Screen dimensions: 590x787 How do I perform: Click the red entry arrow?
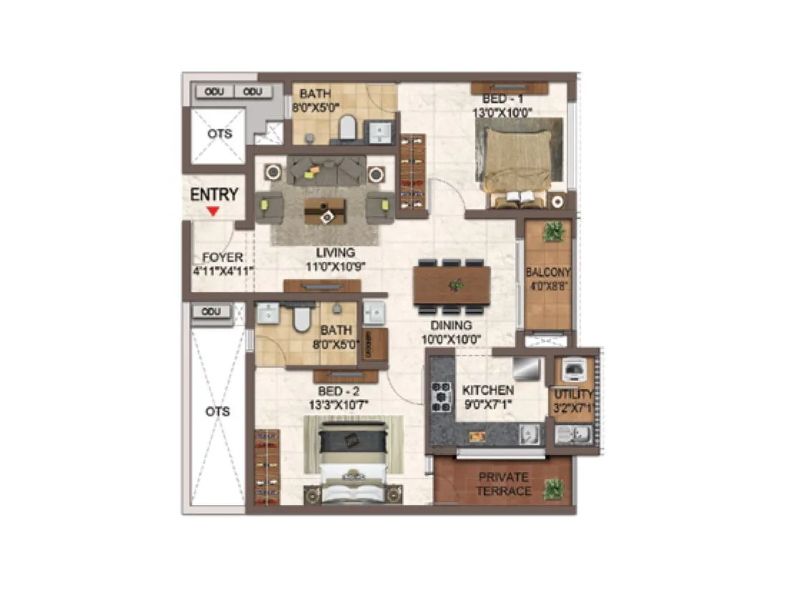(212, 211)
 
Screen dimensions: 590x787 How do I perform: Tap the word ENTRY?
(214, 195)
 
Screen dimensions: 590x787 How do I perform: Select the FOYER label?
(223, 257)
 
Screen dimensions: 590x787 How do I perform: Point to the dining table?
(452, 285)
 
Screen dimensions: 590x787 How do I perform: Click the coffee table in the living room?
(325, 212)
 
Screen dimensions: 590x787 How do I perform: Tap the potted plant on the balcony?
(552, 232)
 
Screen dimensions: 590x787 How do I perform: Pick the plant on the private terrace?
(552, 489)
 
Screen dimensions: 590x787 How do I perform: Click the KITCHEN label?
(487, 390)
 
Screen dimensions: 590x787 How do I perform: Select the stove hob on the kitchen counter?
(440, 396)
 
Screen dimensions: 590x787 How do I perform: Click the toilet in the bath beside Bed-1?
(347, 128)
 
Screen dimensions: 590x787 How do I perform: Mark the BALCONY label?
(548, 272)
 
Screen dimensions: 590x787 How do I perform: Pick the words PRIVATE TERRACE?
(504, 483)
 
